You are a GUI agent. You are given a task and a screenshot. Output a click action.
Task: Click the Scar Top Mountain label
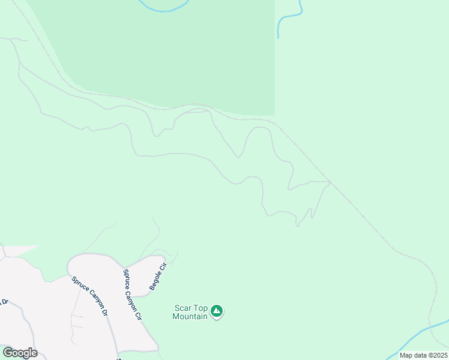(x=190, y=312)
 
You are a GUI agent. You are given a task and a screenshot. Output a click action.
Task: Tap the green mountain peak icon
(x=217, y=311)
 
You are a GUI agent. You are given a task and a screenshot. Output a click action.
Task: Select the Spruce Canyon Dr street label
(x=89, y=296)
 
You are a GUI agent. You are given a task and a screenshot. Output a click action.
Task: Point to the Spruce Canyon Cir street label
(x=132, y=294)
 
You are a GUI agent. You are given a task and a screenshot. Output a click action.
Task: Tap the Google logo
(x=20, y=353)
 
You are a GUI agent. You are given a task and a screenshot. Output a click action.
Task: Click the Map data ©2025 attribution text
(x=423, y=355)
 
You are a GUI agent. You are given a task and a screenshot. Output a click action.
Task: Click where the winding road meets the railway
(x=330, y=181)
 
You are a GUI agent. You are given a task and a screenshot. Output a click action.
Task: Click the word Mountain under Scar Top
(x=190, y=316)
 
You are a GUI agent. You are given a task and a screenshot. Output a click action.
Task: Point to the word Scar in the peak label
(x=182, y=308)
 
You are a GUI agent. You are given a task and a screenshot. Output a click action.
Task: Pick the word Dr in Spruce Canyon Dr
(x=104, y=312)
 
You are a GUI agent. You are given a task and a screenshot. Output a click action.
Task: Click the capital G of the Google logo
(x=7, y=353)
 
